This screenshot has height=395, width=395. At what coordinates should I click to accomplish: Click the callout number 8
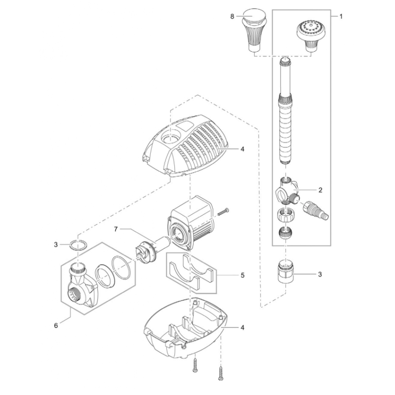point(232,17)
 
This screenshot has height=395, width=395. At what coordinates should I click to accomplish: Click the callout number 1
point(341,17)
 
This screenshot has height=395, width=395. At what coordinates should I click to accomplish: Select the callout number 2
point(320,190)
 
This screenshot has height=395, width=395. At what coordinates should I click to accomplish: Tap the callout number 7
point(116,230)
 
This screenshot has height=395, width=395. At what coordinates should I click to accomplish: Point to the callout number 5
point(242,275)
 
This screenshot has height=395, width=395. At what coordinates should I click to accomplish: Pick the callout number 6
point(56,325)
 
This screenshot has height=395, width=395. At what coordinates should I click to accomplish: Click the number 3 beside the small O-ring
point(56,244)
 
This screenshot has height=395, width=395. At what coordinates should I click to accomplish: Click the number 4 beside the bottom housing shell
point(242,327)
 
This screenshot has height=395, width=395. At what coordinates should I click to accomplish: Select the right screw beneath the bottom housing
point(221,373)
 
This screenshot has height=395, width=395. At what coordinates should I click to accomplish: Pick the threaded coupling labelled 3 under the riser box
point(285,273)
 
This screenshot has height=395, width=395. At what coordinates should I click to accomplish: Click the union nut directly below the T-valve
point(285,215)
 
